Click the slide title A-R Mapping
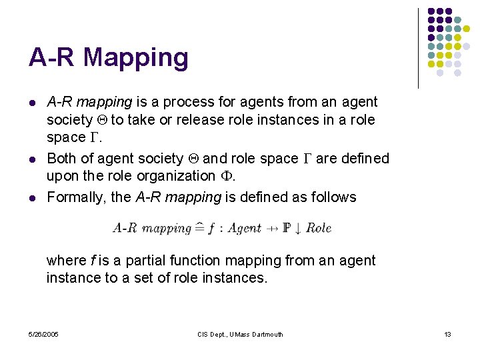point(109,58)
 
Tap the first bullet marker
point(32,103)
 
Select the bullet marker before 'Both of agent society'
point(32,159)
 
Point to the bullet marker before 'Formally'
point(32,197)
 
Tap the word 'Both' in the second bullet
point(61,159)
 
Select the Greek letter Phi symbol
point(225,176)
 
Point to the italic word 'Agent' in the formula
point(244,228)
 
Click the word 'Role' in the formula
point(318,228)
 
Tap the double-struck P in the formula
point(287,228)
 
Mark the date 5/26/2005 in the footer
point(43,334)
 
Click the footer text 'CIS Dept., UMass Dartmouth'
point(240,334)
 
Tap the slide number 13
point(447,334)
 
